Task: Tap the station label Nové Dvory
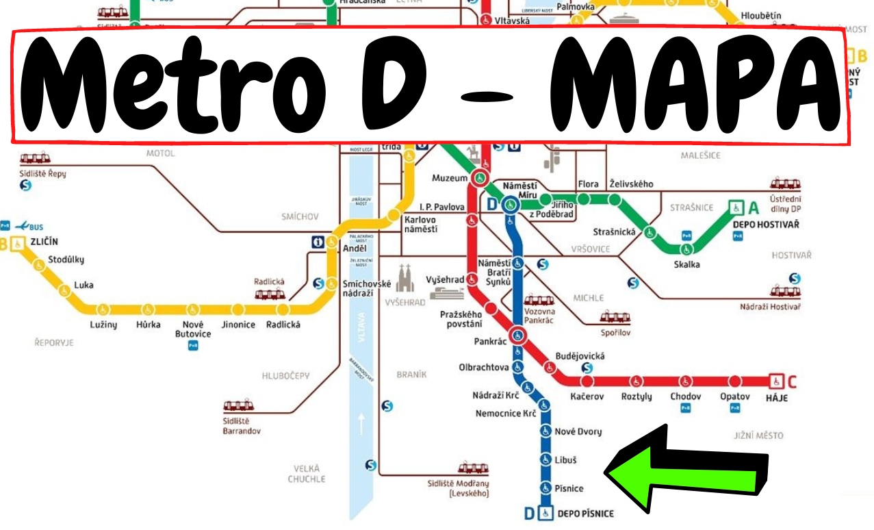coord(578,431)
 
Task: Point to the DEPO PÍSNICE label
coord(585,513)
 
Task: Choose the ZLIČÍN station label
coord(44,241)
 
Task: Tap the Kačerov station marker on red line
coord(587,381)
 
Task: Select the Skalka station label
coord(686,265)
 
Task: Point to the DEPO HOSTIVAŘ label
coord(766,225)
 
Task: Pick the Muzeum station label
coord(450,179)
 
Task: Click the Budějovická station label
coord(580,356)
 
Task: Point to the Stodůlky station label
coord(66,260)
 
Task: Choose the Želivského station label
coord(631,184)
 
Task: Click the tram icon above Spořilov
coord(615,317)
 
